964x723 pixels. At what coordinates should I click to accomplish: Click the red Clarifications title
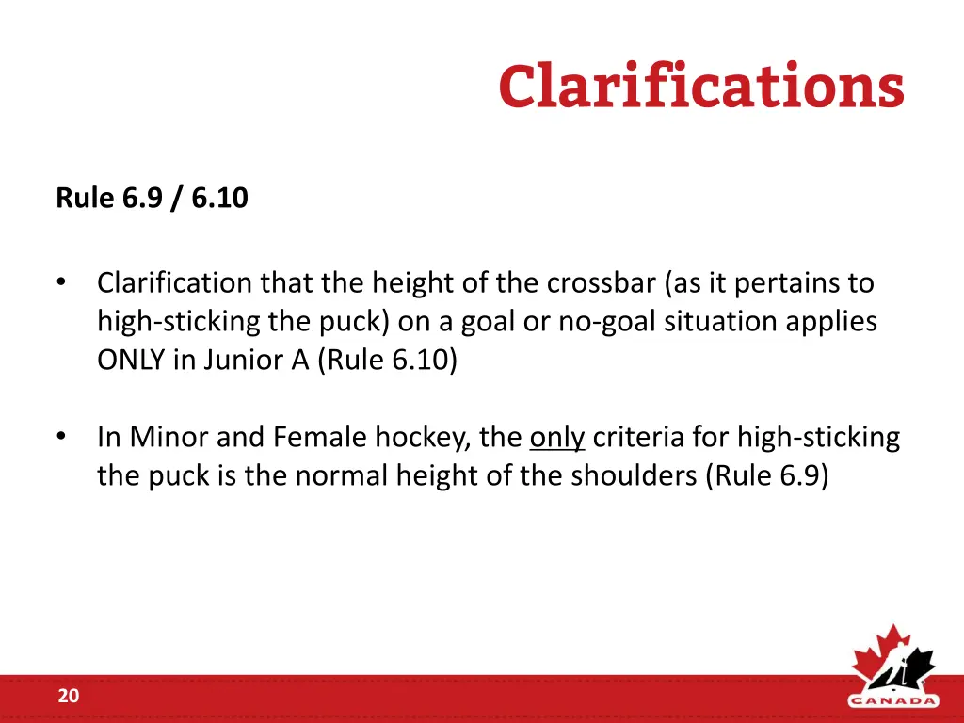coord(701,87)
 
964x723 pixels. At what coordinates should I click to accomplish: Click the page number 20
coord(68,697)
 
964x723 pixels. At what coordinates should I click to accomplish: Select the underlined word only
coord(557,438)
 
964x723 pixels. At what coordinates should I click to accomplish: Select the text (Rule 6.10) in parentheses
coord(387,361)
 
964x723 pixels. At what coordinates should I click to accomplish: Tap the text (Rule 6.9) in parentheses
coord(767,476)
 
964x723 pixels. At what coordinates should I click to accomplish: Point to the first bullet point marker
coord(61,282)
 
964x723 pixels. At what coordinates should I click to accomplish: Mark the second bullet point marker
coord(61,438)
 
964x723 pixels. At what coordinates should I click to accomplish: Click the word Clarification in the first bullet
coord(175,282)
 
